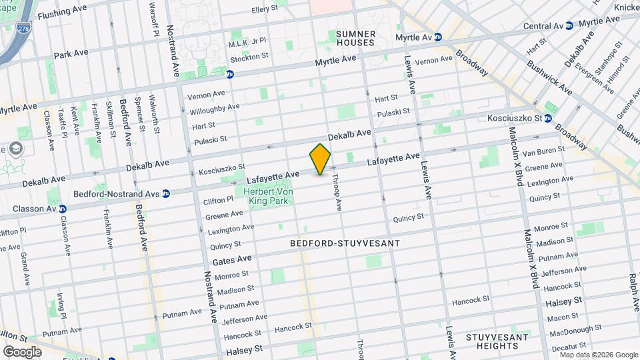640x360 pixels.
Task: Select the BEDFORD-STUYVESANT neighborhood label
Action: click(x=345, y=244)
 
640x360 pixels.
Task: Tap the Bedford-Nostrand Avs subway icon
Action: click(x=166, y=193)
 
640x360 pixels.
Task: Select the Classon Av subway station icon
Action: click(x=63, y=209)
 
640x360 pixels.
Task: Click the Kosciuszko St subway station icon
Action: click(x=548, y=119)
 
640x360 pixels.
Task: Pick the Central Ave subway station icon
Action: click(x=569, y=26)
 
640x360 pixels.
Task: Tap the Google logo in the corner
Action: click(x=22, y=351)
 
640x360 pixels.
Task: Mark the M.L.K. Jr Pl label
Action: click(x=247, y=42)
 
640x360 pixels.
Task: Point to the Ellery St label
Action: click(x=269, y=10)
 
